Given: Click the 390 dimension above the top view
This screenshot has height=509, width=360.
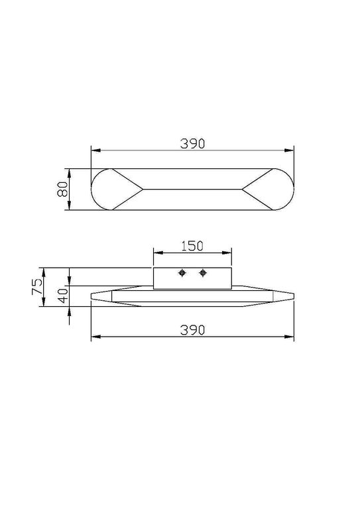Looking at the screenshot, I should click(192, 142).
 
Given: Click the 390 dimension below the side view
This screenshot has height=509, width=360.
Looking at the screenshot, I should click(192, 329).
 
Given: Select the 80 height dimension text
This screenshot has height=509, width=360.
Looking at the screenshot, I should click(62, 189).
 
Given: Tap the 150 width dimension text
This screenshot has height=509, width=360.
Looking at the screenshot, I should click(192, 245).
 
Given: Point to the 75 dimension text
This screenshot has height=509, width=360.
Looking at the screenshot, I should click(38, 286).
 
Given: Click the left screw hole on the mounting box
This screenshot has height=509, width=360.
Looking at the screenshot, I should click(182, 273).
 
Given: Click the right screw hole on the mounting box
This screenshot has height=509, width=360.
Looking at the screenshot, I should click(203, 273).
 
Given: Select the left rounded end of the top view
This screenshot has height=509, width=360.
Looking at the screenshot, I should click(101, 189).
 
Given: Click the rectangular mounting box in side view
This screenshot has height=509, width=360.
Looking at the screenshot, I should click(192, 278).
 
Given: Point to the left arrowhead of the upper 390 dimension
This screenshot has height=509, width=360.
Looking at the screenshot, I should click(93, 150).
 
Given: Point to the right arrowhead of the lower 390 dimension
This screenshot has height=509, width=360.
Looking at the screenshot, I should click(291, 337).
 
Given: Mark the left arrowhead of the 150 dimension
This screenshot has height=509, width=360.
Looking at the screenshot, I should click(156, 253).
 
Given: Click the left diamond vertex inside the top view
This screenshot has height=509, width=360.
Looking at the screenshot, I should click(142, 189).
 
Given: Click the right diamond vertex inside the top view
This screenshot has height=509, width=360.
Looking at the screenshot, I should click(243, 189).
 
